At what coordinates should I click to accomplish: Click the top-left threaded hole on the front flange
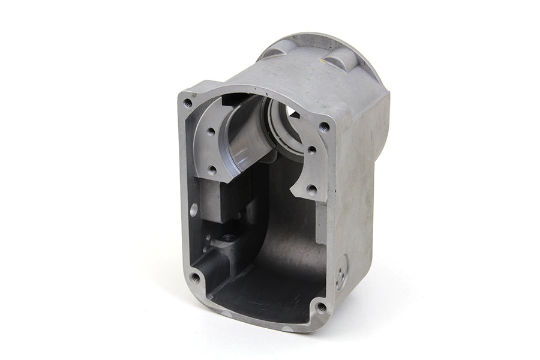click(x=188, y=103)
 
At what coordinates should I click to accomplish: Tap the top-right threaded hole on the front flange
click(x=325, y=127)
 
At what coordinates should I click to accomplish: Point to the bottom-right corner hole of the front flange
click(x=321, y=307)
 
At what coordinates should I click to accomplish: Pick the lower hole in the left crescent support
click(x=211, y=171)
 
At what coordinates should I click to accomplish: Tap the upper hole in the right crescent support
click(x=312, y=151)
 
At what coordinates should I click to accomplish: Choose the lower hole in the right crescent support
click(x=311, y=189)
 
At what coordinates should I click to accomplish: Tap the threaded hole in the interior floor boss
click(x=229, y=238)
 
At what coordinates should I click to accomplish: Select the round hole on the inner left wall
click(x=194, y=209)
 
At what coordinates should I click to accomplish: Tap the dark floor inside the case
click(x=264, y=288)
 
